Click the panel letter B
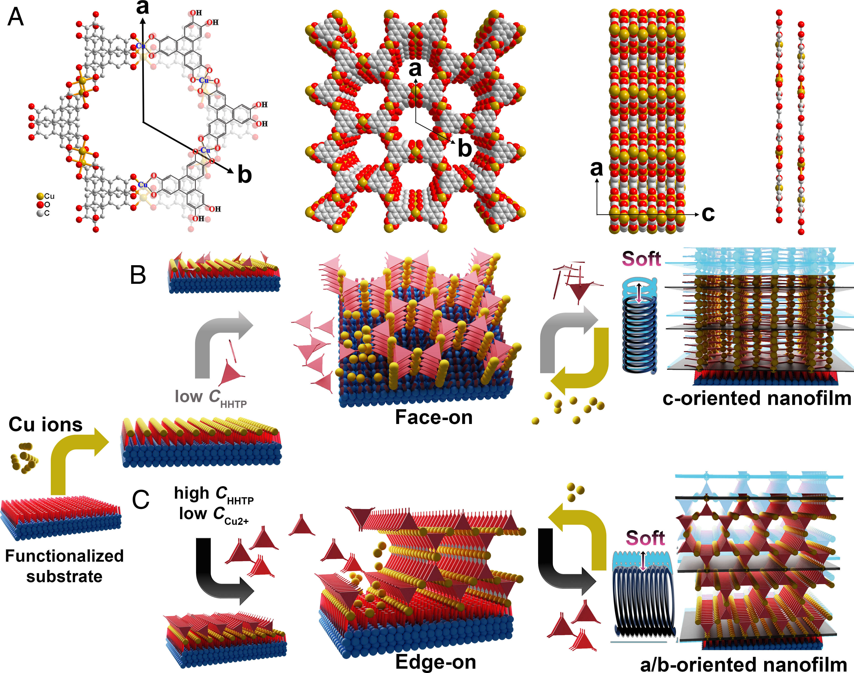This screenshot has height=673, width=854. click(x=138, y=275)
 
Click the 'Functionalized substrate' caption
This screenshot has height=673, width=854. click(x=64, y=566)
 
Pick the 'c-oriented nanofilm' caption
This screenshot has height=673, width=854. click(x=757, y=398)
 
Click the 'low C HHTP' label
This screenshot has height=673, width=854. click(x=211, y=397)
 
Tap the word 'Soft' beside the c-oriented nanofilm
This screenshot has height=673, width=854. click(x=641, y=259)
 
